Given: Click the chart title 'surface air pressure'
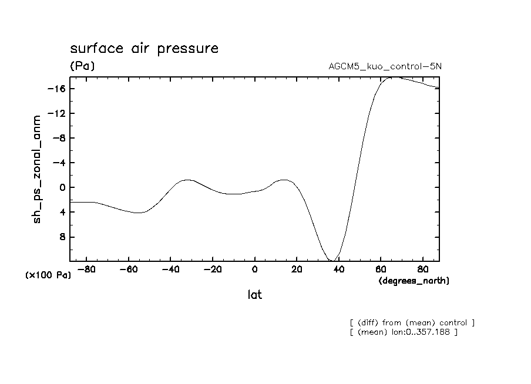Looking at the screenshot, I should [144, 48].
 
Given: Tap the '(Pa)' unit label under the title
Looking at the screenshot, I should [82, 66].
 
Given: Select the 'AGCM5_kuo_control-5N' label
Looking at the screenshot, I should [385, 66].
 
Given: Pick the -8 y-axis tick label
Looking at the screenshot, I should [57, 138].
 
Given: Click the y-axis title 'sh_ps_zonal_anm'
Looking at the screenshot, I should [37, 169].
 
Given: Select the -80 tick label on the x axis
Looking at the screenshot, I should [86, 270].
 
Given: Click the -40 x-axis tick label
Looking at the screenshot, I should [170, 270].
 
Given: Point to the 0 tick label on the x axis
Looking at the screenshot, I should [254, 270].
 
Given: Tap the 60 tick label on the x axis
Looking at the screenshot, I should [380, 270].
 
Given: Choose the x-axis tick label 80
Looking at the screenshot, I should [422, 270].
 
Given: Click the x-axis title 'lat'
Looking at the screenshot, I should [254, 295].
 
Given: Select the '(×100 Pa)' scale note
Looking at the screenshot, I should [48, 275].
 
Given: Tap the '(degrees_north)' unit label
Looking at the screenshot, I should [414, 281].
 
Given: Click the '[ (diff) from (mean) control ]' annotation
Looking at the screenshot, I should [411, 322].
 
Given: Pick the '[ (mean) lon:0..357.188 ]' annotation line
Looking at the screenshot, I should [403, 332].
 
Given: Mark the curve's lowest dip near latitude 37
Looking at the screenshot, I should [332, 260].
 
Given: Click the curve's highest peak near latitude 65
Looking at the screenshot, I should [392, 77].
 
